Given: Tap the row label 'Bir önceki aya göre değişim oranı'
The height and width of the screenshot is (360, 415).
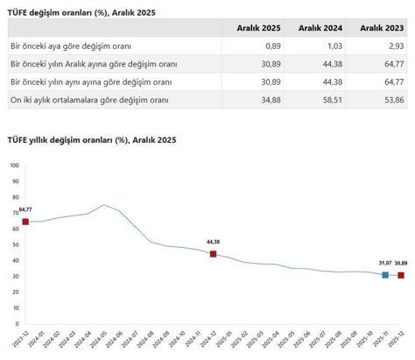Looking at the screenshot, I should [x=59, y=46].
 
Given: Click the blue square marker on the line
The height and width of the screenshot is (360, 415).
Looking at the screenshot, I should [x=384, y=275].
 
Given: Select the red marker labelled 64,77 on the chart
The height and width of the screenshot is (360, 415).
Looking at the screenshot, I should [x=25, y=222].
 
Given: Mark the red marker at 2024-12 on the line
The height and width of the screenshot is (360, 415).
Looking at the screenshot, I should [x=213, y=254].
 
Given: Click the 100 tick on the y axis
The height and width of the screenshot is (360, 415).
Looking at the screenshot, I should [x=13, y=166].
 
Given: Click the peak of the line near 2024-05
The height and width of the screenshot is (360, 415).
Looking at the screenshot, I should [x=104, y=205].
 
